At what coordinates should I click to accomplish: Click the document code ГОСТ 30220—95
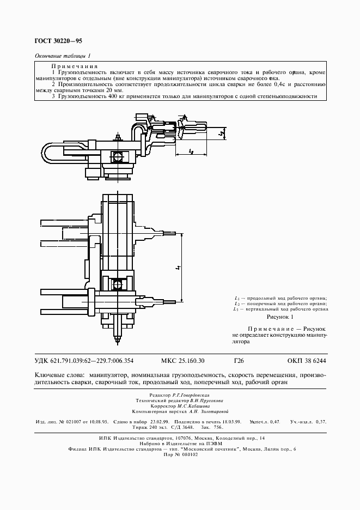(58, 40)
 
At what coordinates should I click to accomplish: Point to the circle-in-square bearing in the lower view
(117, 284)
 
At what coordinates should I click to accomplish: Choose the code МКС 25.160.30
(183, 361)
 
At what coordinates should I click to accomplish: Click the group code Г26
(239, 361)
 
